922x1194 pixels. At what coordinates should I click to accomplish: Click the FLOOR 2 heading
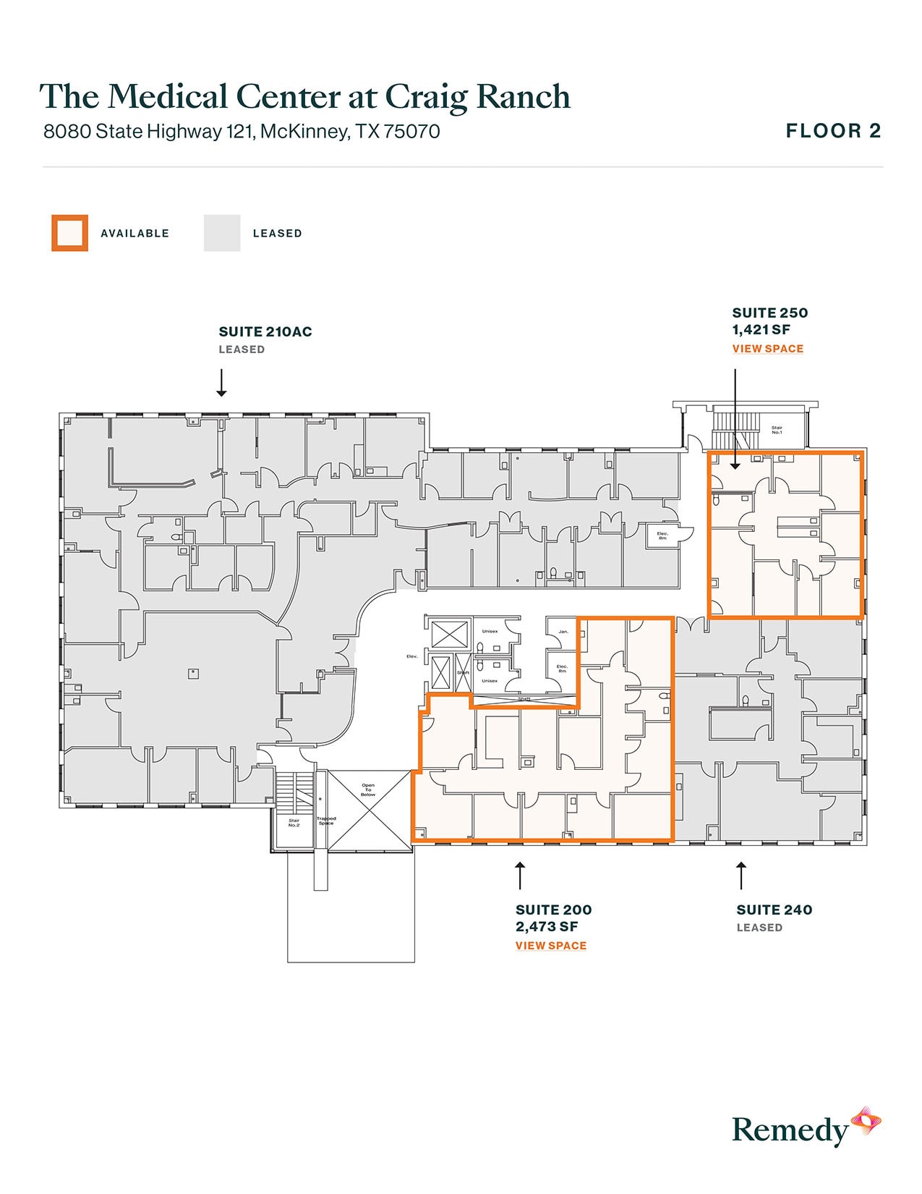pos(833,131)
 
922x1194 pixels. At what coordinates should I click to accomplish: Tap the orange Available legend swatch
pos(69,233)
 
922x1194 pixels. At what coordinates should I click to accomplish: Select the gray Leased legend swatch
pos(221,233)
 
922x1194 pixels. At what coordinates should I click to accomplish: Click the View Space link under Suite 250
pos(767,349)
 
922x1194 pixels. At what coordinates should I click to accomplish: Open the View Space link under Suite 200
pos(550,946)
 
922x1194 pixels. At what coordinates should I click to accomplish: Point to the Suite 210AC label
pos(265,332)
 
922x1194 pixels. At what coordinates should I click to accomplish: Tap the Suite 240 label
pos(774,910)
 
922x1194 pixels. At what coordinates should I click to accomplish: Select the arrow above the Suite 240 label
pos(740,875)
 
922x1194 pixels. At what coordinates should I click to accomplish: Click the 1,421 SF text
pos(761,330)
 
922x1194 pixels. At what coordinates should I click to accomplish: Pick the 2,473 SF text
pos(546,927)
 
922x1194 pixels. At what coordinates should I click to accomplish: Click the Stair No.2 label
pos(294,823)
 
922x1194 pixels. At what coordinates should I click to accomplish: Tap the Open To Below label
pos(368,789)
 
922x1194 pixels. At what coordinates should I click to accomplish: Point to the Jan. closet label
pos(563,632)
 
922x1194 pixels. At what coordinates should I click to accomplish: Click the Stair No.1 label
pos(777,430)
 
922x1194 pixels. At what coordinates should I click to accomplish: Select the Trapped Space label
pos(326,821)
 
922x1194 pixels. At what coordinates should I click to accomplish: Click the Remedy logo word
pos(790,1130)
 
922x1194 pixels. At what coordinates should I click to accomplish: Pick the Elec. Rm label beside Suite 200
pos(562,669)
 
